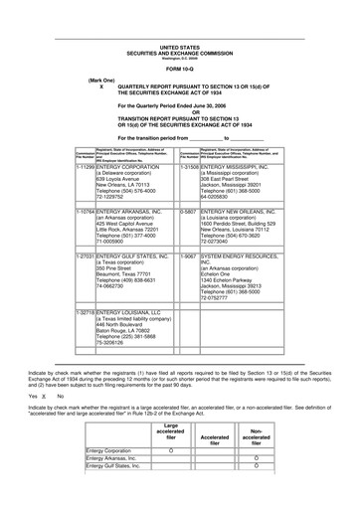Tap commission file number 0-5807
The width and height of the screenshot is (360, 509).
[x=186, y=211]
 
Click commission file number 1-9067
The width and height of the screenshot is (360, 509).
[x=187, y=255]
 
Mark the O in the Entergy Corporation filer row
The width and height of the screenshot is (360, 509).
[x=172, y=450]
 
